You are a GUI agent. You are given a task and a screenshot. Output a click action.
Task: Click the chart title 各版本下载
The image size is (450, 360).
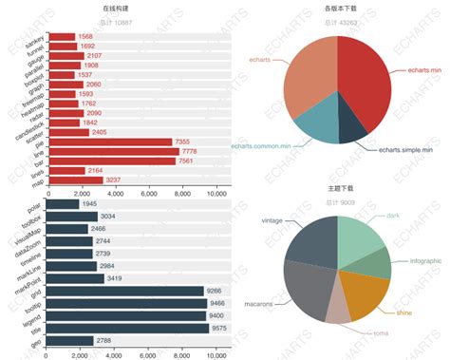[x=338, y=8]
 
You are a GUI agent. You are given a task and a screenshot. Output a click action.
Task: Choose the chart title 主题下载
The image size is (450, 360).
[x=338, y=189]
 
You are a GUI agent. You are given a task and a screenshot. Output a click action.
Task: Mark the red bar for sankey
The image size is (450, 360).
[x=62, y=37]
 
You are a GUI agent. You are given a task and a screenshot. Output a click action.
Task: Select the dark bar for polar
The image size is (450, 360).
[x=64, y=204]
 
